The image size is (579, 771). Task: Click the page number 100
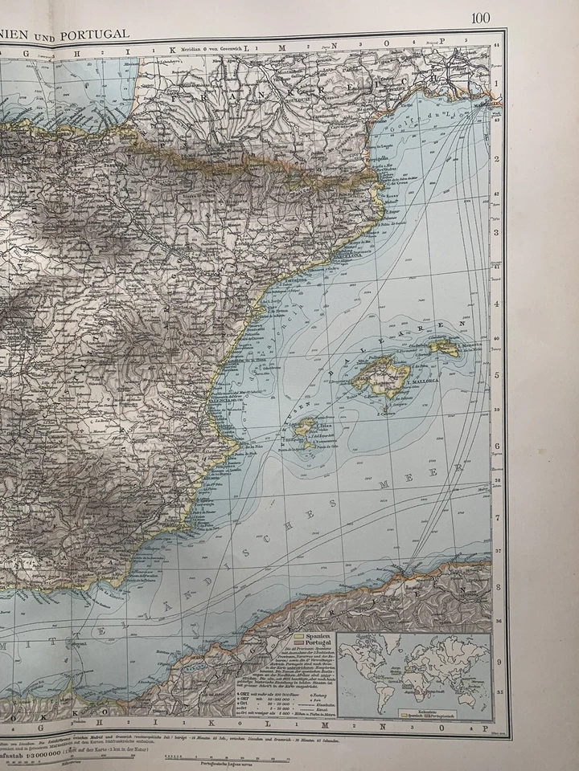[x=481, y=18]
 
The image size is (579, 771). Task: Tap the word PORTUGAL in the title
[x=98, y=34]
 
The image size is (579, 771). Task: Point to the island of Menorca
[x=443, y=347]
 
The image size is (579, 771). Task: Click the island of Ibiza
[x=304, y=426]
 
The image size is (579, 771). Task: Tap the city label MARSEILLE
[x=480, y=104]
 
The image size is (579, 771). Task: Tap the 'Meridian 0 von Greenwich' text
[x=200, y=48]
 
